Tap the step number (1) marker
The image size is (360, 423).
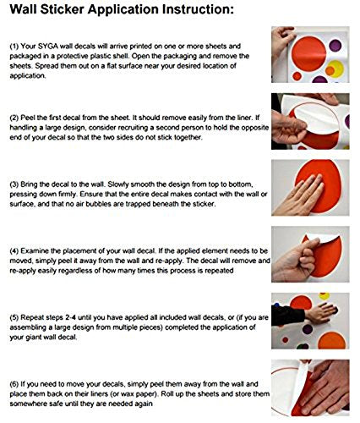pos(14,46)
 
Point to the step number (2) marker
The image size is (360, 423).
pos(14,118)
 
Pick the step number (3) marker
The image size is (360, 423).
pos(14,184)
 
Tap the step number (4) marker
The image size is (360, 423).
pos(14,251)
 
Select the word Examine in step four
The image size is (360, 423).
pos(35,251)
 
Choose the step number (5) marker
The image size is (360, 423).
pos(14,317)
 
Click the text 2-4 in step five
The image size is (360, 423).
pos(71,317)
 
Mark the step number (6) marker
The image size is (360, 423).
pos(14,384)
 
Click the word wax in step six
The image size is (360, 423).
pos(136,394)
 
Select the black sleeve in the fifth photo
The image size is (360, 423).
pos(287,315)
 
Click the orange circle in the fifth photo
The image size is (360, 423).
pos(331,340)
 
